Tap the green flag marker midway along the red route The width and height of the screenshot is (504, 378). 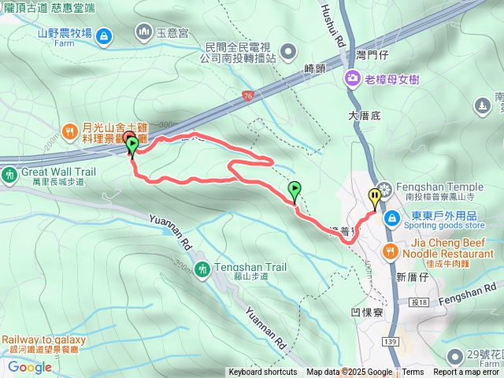pyautogui.click(x=295, y=190)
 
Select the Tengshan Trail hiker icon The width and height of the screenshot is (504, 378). pyautogui.click(x=202, y=269)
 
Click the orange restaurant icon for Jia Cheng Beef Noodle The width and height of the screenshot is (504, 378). pyautogui.click(x=390, y=252)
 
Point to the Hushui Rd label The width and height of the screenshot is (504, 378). pyautogui.click(x=332, y=24)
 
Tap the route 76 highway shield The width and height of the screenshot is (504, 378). pyautogui.click(x=247, y=95)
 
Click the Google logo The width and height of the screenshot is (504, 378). pyautogui.click(x=29, y=367)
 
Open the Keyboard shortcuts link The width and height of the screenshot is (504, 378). pyautogui.click(x=263, y=372)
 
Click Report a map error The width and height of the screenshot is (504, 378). pyautogui.click(x=467, y=372)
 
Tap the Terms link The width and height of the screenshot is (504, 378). pyautogui.click(x=413, y=372)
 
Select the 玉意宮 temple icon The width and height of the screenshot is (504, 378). pyautogui.click(x=143, y=32)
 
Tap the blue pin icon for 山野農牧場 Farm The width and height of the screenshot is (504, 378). pyautogui.click(x=106, y=34)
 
